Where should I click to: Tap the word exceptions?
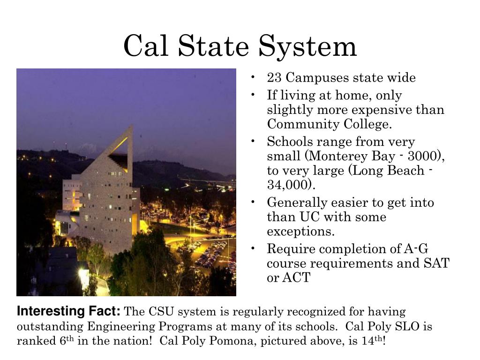(301, 232)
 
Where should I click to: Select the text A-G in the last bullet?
(413, 249)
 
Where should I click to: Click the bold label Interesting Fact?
(69, 312)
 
